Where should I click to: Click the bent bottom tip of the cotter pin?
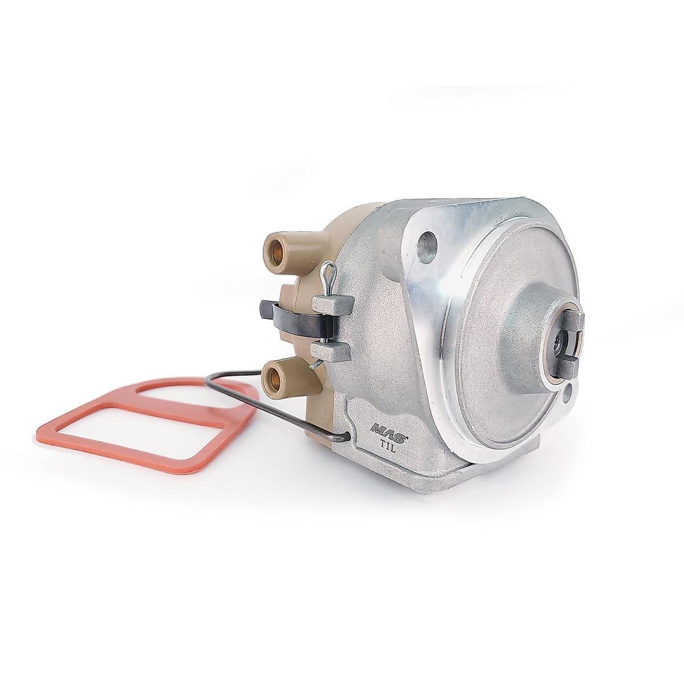pyautogui.click(x=313, y=368)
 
